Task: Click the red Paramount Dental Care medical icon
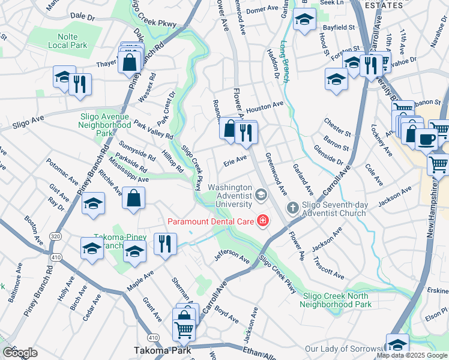(x=262, y=222)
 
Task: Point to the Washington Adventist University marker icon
(x=261, y=194)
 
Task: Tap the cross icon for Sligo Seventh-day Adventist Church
(x=292, y=208)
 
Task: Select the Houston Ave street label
(x=264, y=106)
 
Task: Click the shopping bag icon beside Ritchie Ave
(x=133, y=197)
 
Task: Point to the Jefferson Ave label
(x=232, y=257)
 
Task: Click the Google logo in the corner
(x=20, y=352)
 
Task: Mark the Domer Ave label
(x=264, y=10)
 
